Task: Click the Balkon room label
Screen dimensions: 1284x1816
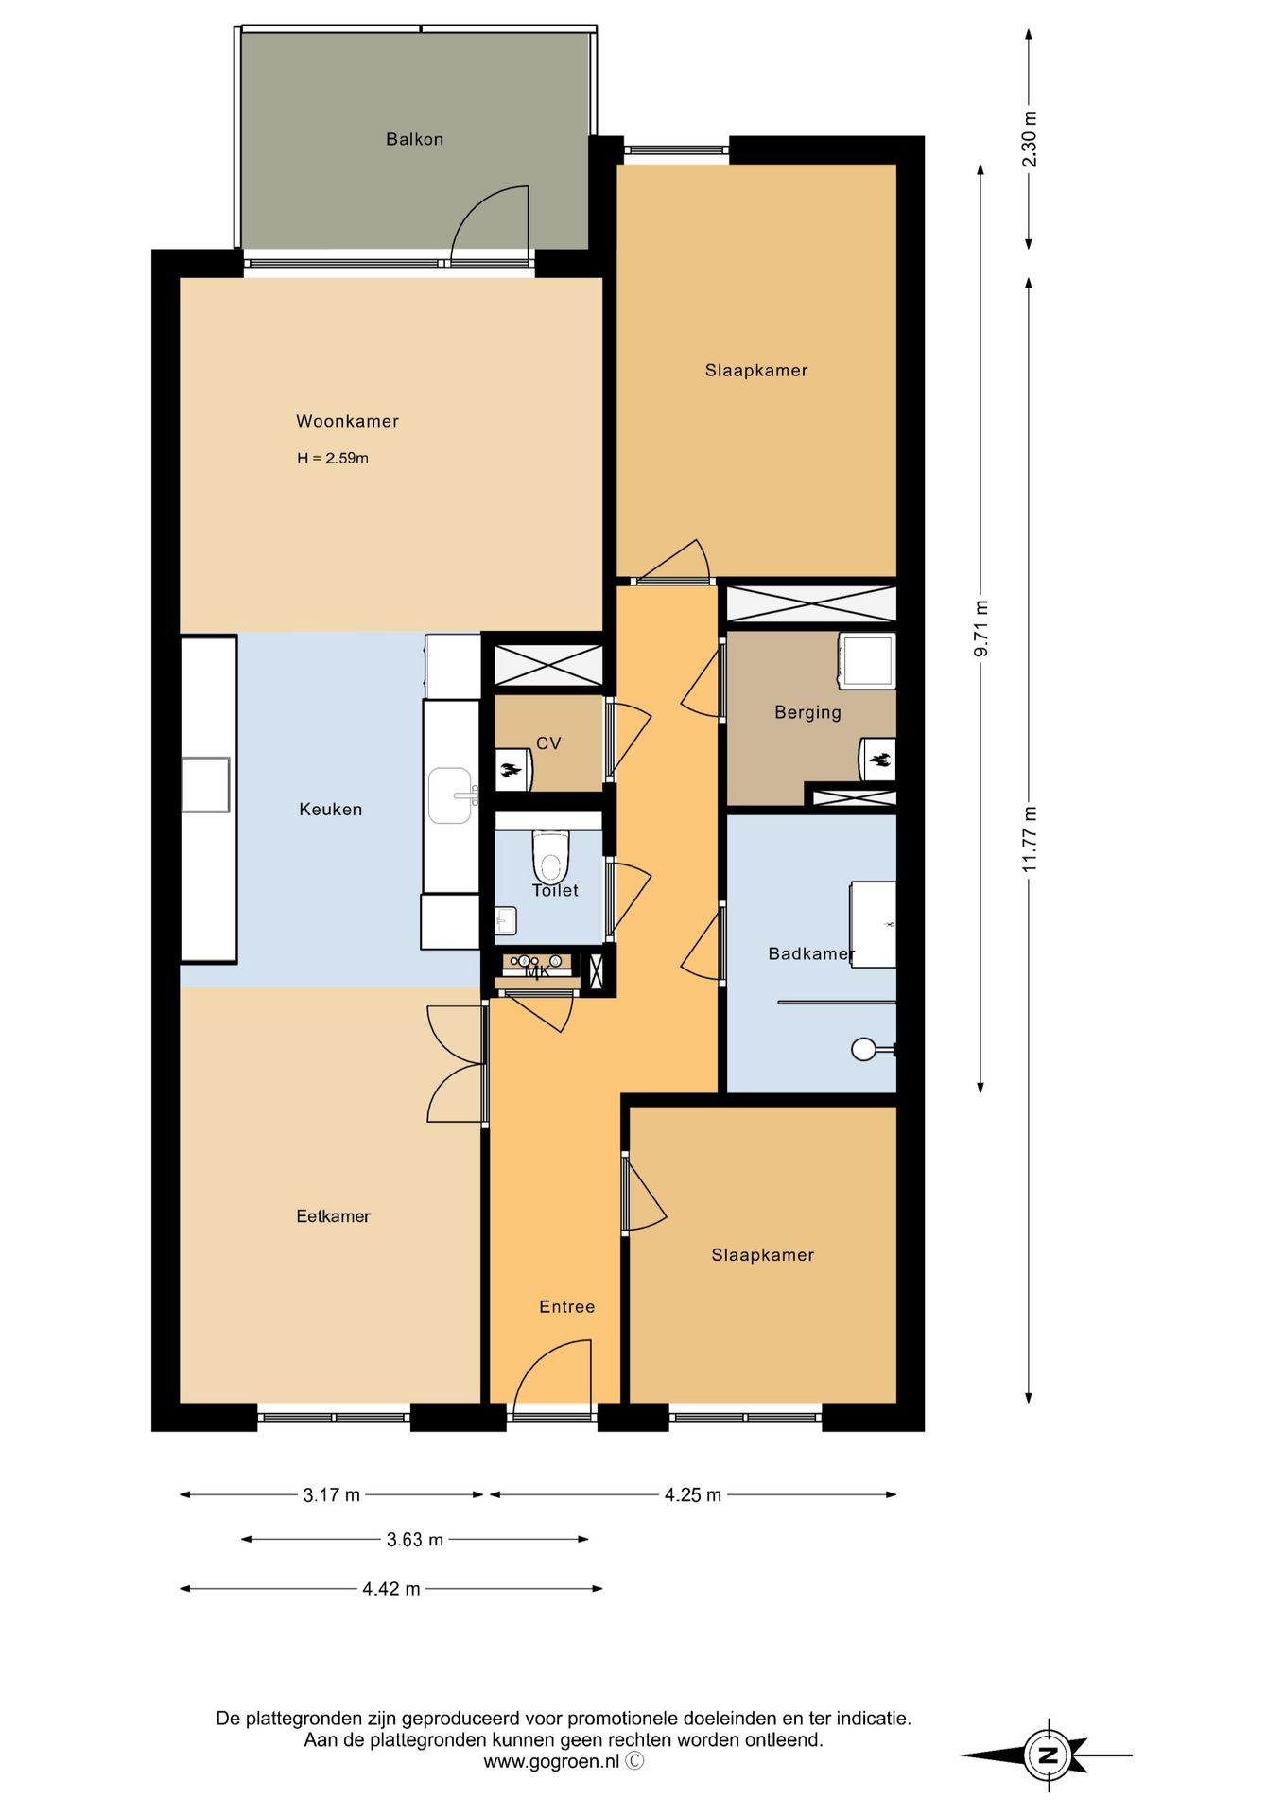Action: click(414, 139)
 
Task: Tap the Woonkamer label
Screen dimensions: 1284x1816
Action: click(347, 421)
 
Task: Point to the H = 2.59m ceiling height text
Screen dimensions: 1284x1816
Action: click(333, 458)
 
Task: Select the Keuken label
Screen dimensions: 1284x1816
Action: click(330, 809)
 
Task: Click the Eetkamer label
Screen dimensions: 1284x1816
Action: click(333, 1216)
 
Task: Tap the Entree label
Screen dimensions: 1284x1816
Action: click(566, 1306)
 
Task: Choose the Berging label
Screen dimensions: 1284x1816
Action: click(807, 712)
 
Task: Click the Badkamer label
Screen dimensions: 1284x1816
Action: click(811, 953)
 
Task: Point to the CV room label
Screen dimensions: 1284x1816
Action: click(548, 743)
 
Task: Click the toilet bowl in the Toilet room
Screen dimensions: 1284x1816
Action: click(550, 856)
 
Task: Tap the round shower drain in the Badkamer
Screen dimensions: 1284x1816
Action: click(864, 1049)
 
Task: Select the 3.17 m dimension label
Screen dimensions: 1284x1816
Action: click(331, 1495)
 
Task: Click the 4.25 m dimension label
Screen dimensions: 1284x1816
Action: click(692, 1495)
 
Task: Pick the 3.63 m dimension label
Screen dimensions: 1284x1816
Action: click(414, 1540)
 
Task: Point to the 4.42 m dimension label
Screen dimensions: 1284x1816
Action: click(390, 1589)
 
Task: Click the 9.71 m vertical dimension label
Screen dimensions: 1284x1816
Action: click(980, 628)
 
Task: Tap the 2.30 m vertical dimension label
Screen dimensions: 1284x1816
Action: click(1030, 139)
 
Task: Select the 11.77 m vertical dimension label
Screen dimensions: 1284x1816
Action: click(1030, 839)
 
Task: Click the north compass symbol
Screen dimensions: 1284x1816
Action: click(1047, 1755)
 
